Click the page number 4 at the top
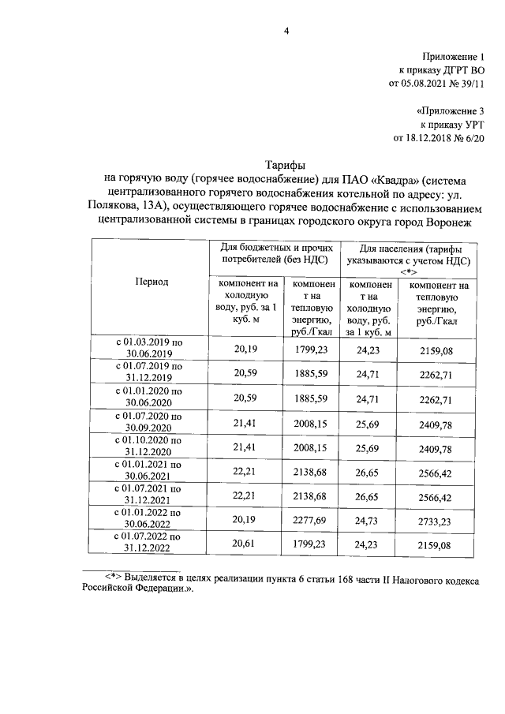(286, 31)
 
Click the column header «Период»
(151, 282)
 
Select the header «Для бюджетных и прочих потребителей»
(272, 252)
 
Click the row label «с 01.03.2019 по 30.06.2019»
(150, 348)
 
